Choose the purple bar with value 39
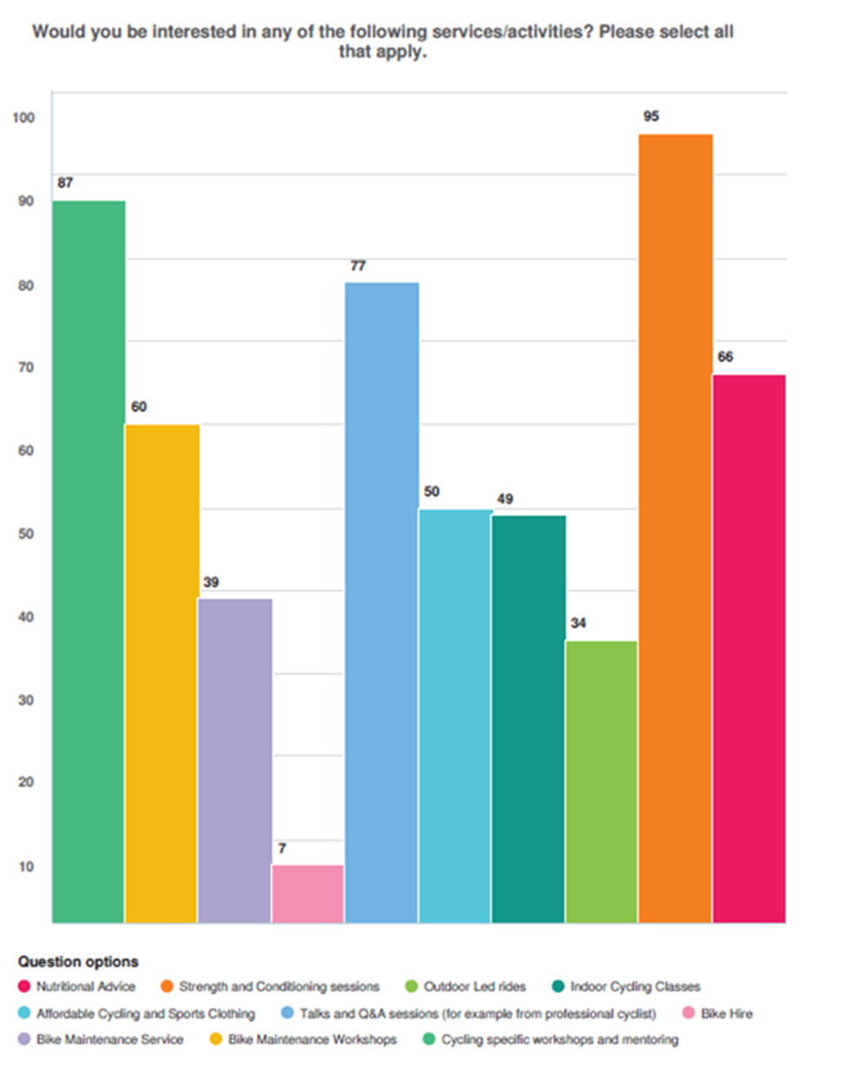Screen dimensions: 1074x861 (x=235, y=759)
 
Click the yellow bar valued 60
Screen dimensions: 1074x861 (x=162, y=673)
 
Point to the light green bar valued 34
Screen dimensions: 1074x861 (x=601, y=781)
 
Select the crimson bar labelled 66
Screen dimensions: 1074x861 (x=749, y=647)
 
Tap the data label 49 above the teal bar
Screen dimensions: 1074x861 (x=505, y=499)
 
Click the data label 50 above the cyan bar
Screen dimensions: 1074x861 (x=432, y=492)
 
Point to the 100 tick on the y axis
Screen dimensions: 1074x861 (x=23, y=118)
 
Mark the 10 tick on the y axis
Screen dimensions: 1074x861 (x=27, y=866)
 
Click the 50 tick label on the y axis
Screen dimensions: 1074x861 (x=27, y=534)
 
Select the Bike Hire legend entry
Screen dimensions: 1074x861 (x=718, y=1013)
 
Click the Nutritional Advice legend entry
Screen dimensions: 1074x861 (x=77, y=986)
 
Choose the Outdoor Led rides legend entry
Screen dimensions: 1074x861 (x=466, y=986)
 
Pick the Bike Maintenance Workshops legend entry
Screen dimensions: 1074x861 (x=303, y=1039)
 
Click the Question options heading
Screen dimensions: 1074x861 (x=78, y=962)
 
